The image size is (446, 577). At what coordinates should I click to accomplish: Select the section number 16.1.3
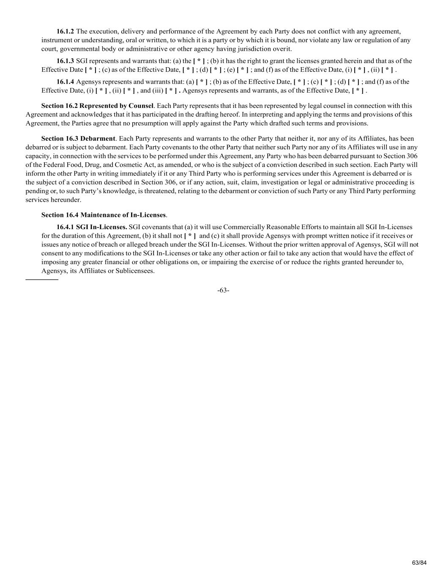click(65, 61)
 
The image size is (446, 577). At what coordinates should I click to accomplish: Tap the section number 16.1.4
click(65, 82)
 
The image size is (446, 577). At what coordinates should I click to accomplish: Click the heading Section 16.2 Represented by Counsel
click(97, 106)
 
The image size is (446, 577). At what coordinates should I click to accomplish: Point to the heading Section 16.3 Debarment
click(78, 139)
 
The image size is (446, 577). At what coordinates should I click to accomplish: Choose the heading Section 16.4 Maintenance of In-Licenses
click(104, 215)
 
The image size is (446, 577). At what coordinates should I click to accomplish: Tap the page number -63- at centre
click(223, 290)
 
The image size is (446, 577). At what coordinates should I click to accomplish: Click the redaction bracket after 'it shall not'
click(190, 236)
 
